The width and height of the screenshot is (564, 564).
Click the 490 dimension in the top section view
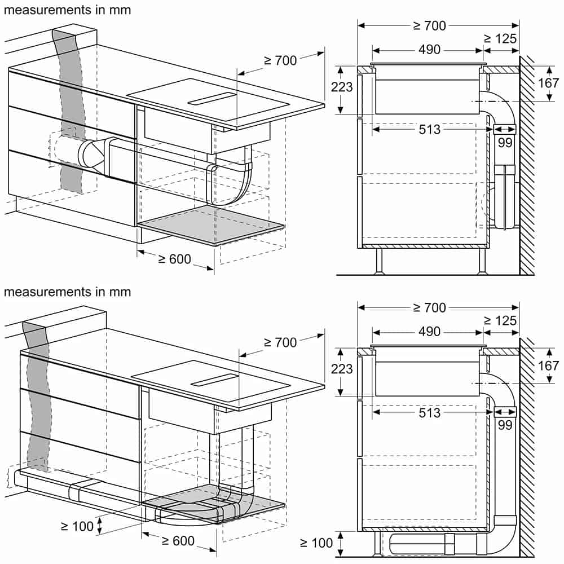point(429,50)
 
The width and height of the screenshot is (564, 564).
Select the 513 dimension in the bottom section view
point(429,413)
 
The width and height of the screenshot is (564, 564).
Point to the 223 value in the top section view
point(342,87)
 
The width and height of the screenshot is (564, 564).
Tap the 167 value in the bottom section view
point(549,366)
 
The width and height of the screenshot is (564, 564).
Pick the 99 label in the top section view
point(505,143)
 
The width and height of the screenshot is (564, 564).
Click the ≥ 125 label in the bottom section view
point(500,320)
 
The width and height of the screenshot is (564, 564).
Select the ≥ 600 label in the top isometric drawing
point(174,259)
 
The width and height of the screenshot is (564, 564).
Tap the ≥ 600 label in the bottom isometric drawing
point(178,541)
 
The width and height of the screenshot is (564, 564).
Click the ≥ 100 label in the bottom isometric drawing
point(77,527)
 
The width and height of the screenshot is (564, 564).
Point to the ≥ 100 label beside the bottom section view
point(316,543)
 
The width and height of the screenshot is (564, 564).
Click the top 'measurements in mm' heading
point(67,10)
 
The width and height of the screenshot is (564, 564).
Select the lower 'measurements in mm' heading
point(67,292)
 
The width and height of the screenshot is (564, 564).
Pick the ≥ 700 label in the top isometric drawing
point(280,61)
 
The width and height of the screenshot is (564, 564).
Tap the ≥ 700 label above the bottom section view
point(429,307)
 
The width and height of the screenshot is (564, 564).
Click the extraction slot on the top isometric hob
point(212,98)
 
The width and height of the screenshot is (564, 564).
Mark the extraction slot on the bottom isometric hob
point(214,380)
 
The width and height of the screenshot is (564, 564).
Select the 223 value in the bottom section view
point(342,369)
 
